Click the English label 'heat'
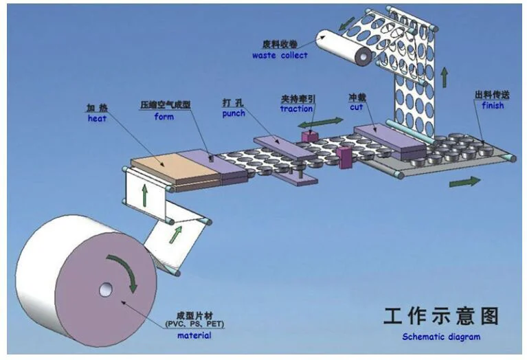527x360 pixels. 96,119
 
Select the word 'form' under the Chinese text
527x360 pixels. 164,116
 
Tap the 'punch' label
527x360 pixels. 233,113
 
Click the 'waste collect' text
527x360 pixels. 280,55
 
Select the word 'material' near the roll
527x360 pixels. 194,335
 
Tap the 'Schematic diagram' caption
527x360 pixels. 441,337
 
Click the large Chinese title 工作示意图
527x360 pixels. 440,317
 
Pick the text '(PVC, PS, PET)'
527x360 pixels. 194,324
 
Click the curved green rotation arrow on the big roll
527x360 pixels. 124,271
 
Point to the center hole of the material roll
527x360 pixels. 104,290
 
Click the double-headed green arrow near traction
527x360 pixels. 329,121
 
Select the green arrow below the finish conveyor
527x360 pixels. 465,181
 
